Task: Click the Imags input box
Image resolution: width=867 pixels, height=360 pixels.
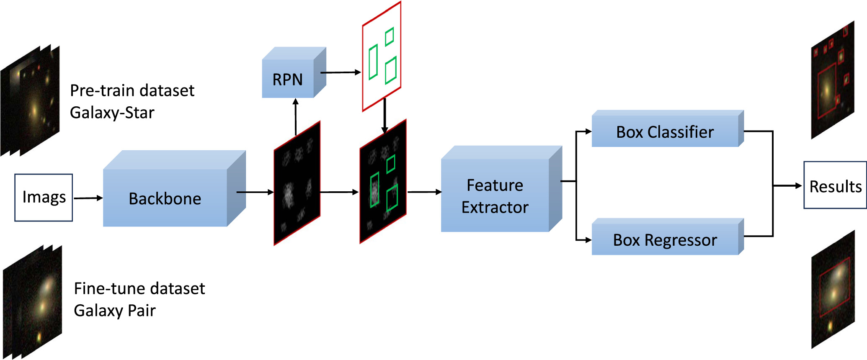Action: [44, 197]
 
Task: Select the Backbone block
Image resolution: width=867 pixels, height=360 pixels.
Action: [165, 198]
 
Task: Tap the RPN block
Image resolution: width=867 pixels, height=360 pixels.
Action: [288, 79]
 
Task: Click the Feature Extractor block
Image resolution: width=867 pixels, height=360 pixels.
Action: [495, 196]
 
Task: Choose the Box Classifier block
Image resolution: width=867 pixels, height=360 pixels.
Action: [665, 132]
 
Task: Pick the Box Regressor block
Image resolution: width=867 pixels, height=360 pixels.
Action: [665, 240]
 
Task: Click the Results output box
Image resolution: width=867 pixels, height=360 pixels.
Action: [835, 185]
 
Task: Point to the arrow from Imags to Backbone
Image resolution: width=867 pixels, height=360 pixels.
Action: [88, 198]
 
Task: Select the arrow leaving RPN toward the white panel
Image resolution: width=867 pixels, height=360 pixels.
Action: [340, 72]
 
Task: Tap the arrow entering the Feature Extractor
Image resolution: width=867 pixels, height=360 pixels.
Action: [424, 192]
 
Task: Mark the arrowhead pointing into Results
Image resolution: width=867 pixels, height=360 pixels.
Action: [798, 185]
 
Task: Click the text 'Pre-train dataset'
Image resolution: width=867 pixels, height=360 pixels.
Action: [132, 90]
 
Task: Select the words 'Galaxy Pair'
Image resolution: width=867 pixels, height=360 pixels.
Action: [115, 311]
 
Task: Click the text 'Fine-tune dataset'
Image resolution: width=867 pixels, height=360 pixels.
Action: [139, 288]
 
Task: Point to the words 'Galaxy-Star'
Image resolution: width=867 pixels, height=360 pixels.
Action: [112, 113]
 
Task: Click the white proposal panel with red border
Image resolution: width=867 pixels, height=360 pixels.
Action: [382, 57]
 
